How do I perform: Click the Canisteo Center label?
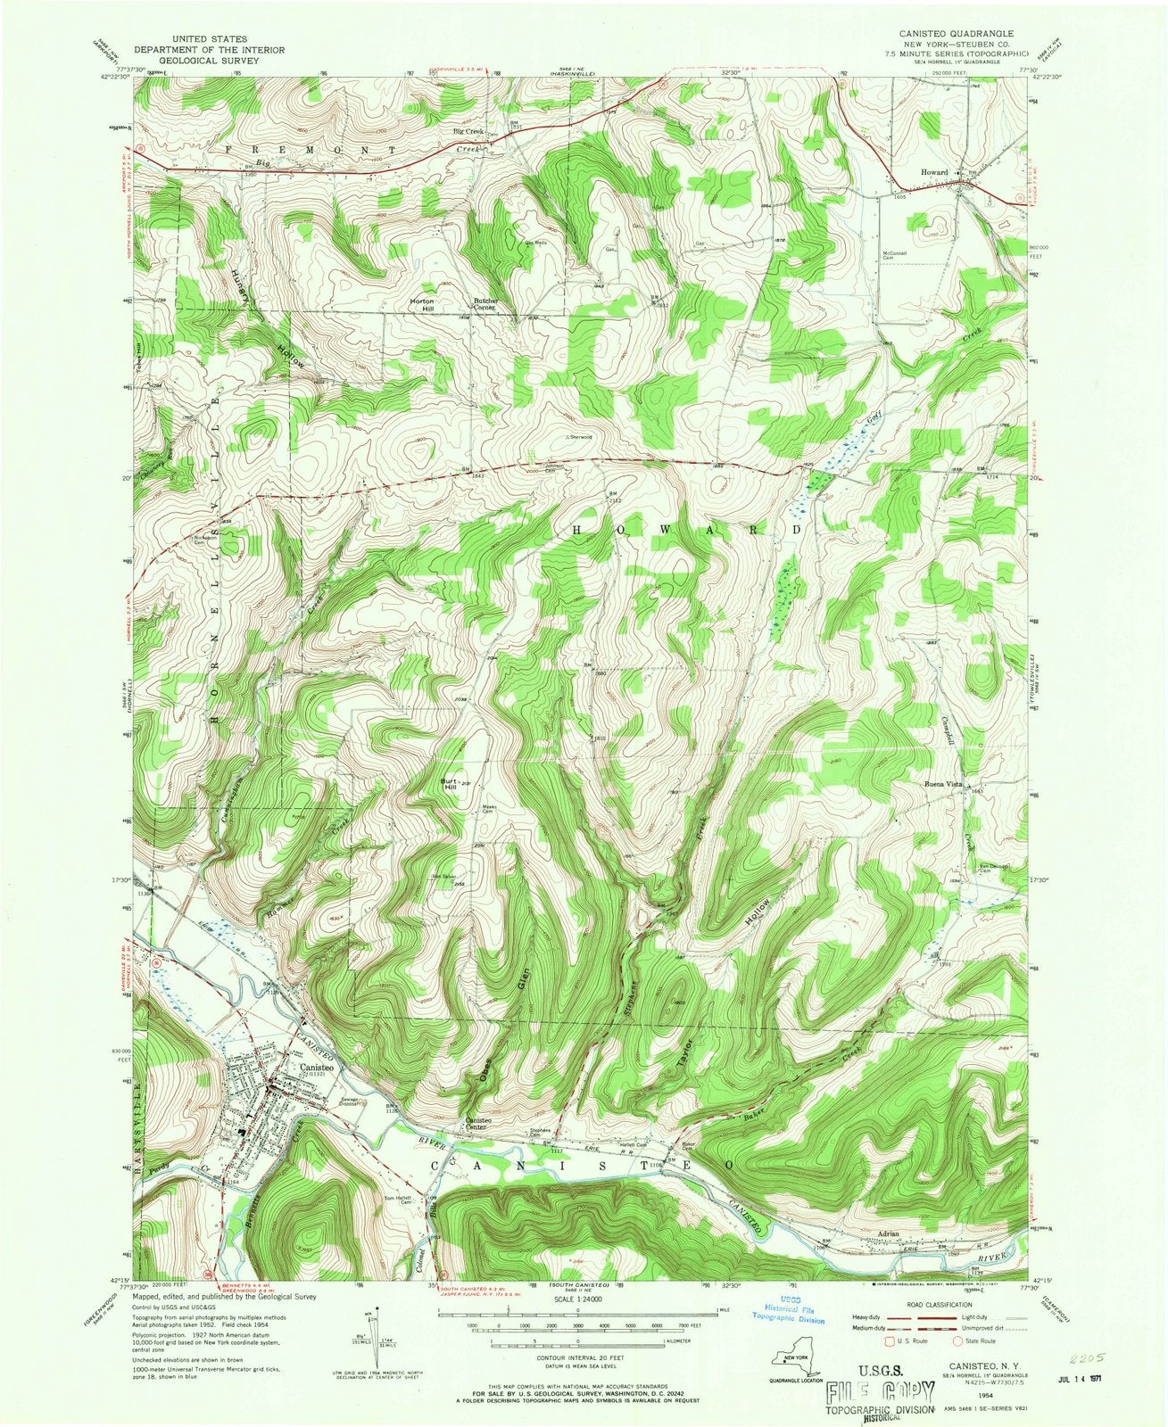click(480, 1126)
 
